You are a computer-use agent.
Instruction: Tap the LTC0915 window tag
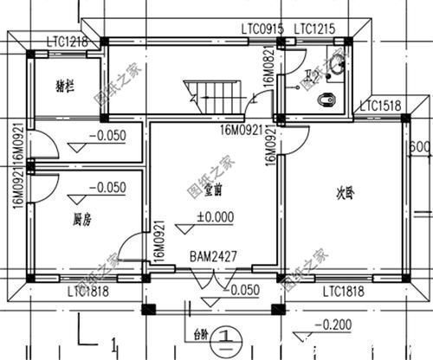click(x=262, y=29)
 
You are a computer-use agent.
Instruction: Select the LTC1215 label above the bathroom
click(x=315, y=29)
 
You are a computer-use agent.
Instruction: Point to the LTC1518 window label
click(x=379, y=106)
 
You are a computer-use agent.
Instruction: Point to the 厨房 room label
click(x=82, y=220)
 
